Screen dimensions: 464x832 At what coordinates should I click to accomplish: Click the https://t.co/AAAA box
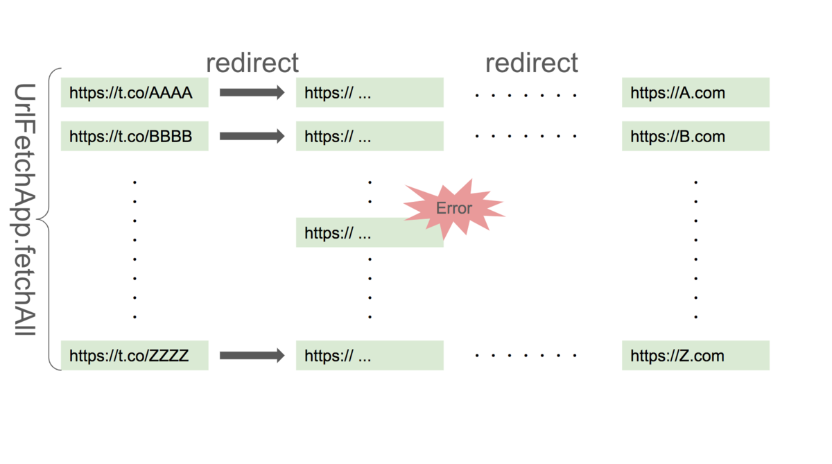[135, 92]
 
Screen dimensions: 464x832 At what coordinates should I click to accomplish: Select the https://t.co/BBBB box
[135, 136]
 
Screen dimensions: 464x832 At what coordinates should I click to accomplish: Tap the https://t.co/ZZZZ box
[135, 356]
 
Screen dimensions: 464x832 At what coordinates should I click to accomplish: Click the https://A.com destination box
[695, 92]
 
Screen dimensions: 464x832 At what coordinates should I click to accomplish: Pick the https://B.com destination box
[695, 136]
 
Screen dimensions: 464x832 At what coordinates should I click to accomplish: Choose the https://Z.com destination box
[695, 356]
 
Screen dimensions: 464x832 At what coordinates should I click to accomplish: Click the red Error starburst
[454, 207]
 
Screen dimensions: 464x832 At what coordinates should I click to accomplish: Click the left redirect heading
[252, 62]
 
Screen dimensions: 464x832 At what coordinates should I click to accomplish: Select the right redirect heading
[531, 62]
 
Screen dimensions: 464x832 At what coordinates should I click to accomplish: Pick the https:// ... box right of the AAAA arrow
[370, 92]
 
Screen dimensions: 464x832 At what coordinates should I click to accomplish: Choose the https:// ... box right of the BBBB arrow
[370, 136]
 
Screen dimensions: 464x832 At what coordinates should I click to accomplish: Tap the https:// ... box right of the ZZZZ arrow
[370, 356]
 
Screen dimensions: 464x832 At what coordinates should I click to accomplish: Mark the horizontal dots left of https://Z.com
[526, 356]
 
